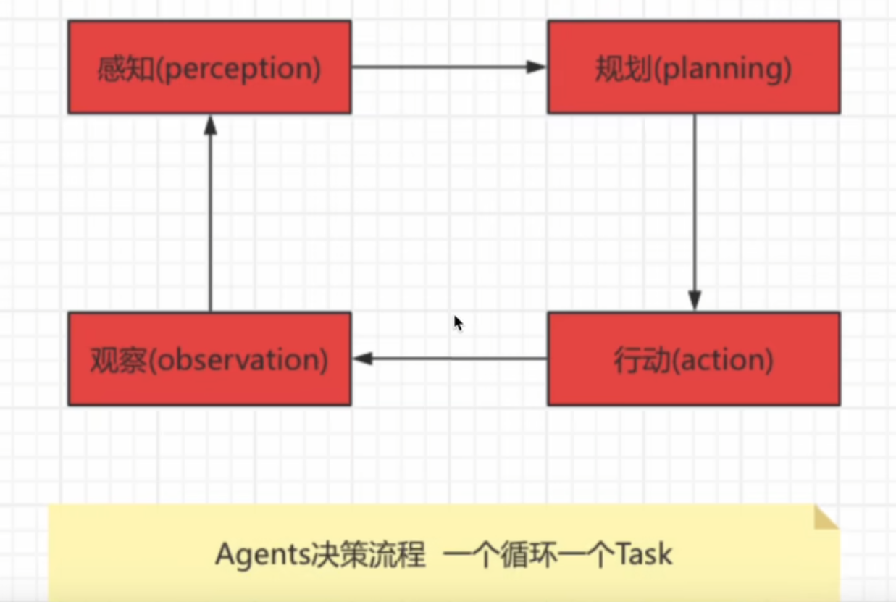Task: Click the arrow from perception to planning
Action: (x=449, y=67)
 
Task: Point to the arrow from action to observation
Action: (x=449, y=359)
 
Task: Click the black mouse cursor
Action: (x=458, y=322)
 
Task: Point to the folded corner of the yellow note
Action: (x=824, y=517)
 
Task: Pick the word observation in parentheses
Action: (x=238, y=360)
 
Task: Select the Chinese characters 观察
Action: (x=117, y=360)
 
